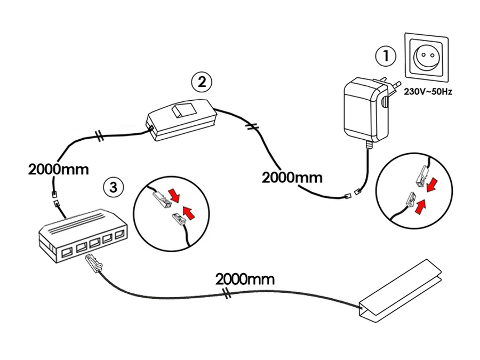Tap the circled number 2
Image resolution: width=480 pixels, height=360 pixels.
202,82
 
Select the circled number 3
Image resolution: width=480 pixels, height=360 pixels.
113,186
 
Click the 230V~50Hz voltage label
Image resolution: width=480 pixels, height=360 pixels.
429,92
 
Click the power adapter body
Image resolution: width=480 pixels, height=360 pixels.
363,109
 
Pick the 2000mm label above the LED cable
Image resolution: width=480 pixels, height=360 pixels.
245,278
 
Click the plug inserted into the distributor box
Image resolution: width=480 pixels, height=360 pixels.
94,262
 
